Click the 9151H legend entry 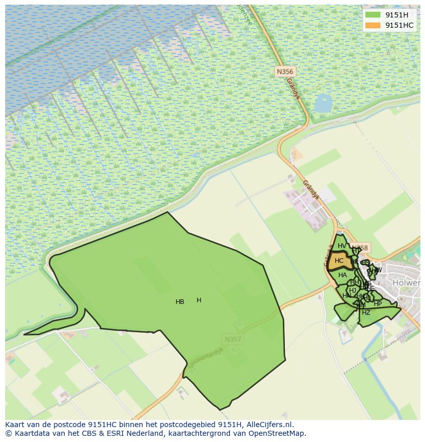(396, 15)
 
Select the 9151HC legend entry (399, 25)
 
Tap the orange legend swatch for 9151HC (373, 25)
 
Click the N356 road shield (284, 72)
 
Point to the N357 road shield (233, 339)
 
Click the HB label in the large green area (180, 302)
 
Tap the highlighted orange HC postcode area (339, 261)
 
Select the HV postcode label (342, 246)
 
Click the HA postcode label (342, 275)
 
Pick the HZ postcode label (366, 313)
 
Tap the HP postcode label (378, 304)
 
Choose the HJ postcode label (353, 291)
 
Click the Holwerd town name (407, 283)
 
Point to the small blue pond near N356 (323, 103)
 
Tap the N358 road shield (361, 248)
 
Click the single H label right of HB (199, 300)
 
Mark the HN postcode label (347, 296)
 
